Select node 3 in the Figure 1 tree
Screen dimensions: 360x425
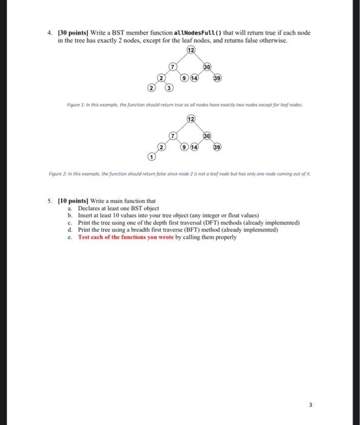(169, 89)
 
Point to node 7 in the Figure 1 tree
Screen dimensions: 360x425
(172, 67)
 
